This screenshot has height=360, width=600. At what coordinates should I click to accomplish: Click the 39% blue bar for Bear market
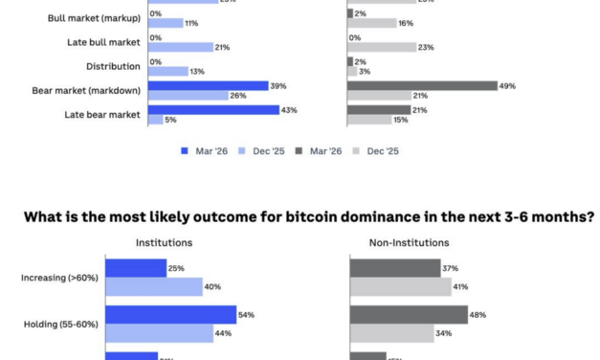(x=208, y=86)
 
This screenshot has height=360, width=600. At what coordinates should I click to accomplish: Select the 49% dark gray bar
(x=422, y=86)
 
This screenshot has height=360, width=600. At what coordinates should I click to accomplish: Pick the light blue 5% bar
(x=155, y=120)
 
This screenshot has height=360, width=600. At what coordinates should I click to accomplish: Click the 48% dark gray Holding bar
(x=408, y=314)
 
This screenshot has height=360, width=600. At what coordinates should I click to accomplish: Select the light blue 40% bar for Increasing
(x=154, y=286)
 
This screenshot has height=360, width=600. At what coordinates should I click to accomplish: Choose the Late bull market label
(x=106, y=42)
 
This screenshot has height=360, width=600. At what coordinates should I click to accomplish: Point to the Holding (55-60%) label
(x=60, y=324)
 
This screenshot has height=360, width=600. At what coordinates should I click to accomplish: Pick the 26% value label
(x=238, y=96)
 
